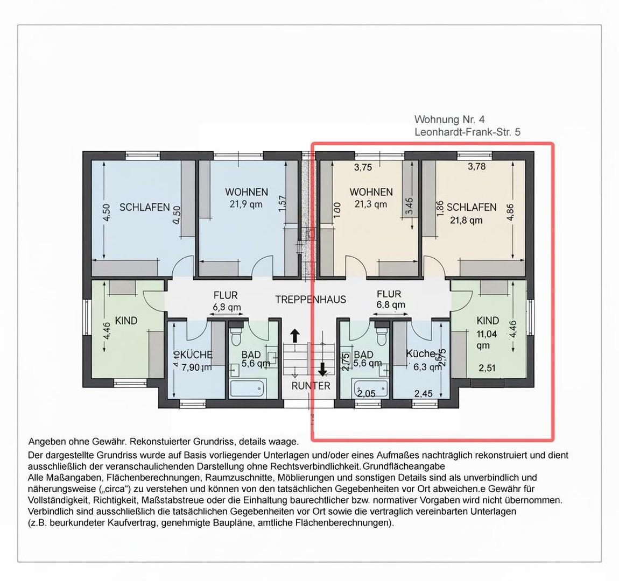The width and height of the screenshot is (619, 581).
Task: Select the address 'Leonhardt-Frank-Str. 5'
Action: [467, 132]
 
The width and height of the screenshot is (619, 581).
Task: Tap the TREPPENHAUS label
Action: [311, 300]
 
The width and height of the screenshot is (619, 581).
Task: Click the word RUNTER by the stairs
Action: [311, 386]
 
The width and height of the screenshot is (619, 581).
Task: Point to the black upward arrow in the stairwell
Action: [295, 336]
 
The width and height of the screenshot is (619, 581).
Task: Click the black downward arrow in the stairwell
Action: [322, 369]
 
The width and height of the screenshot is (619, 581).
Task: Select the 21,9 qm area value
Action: [246, 204]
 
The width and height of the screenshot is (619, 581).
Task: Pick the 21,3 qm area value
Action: [370, 204]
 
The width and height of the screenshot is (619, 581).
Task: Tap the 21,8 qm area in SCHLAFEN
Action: [466, 221]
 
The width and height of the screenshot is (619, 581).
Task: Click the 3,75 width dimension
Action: [363, 167]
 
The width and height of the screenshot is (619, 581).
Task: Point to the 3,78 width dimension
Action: [476, 166]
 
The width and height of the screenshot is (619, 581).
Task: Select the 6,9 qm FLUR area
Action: [227, 307]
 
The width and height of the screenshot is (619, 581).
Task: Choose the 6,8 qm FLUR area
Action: [391, 305]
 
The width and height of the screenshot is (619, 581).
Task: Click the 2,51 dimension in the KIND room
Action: [488, 368]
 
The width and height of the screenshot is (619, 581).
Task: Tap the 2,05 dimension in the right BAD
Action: [367, 394]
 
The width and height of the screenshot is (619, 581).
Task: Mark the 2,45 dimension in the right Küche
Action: [424, 394]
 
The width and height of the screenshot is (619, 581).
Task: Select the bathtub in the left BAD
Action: [246, 387]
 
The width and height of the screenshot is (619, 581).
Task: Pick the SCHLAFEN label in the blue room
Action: [144, 207]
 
